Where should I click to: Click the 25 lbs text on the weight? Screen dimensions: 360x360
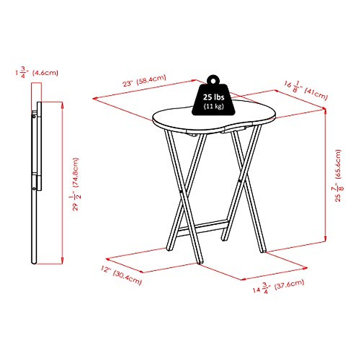pos(214,97)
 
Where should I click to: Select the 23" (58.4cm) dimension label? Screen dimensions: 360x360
pos(144,80)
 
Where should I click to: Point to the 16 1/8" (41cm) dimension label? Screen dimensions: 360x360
pos(306,90)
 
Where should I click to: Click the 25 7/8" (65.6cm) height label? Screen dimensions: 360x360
pos(339,175)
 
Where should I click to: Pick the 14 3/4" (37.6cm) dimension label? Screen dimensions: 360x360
pos(278,286)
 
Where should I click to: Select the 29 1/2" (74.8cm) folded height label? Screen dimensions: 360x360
pos(76,184)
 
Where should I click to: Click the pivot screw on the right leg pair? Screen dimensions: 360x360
pos(240,181)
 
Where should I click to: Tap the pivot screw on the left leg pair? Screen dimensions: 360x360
pos(181,191)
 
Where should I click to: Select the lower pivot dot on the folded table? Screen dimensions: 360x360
pos(34,188)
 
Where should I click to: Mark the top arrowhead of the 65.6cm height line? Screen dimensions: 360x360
pos(325,111)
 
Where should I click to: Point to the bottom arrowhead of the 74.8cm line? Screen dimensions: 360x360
pos(62,261)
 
